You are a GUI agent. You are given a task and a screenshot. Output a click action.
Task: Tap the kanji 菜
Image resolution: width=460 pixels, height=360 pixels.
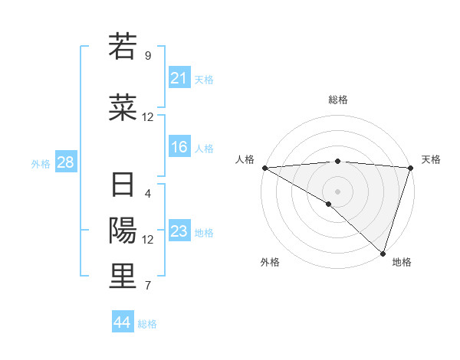click(x=123, y=106)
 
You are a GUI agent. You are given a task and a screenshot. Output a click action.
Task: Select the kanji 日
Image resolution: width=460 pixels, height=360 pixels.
click(x=123, y=185)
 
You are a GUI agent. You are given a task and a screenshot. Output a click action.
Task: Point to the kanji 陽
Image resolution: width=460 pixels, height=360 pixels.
click(x=123, y=230)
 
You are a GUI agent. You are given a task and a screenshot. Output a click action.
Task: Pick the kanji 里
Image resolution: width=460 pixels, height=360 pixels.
click(x=123, y=276)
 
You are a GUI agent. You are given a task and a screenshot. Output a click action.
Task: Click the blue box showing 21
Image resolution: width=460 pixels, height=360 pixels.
click(x=179, y=78)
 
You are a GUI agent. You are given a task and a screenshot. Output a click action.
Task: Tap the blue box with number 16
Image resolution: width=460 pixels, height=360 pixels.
click(x=179, y=147)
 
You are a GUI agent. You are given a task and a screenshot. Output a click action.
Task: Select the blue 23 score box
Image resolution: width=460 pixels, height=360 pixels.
click(x=179, y=231)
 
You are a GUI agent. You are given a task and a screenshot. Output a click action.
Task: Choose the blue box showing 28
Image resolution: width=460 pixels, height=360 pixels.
click(x=64, y=162)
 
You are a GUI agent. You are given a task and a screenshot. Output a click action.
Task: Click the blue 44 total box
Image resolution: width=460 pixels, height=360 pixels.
click(x=123, y=322)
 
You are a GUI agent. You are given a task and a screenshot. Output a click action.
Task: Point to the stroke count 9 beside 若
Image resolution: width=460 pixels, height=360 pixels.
click(x=147, y=55)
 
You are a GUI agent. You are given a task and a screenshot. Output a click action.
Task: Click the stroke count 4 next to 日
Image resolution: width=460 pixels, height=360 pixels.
click(x=147, y=193)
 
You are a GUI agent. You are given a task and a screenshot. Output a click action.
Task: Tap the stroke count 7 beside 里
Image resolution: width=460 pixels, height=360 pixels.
click(x=147, y=286)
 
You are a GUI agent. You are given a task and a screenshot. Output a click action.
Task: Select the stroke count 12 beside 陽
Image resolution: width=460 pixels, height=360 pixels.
click(x=147, y=239)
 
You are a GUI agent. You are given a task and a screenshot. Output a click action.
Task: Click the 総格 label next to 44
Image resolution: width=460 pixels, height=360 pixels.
click(x=147, y=324)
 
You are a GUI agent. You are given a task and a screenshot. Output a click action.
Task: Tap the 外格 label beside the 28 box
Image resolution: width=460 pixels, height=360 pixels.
click(x=41, y=163)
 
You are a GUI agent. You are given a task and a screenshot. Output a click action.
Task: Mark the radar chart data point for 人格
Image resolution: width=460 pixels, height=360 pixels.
click(x=264, y=168)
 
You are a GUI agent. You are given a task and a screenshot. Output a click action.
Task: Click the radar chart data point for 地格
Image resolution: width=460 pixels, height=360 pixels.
click(x=383, y=253)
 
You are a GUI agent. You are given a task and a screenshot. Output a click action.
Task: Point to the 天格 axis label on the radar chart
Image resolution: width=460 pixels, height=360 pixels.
click(x=431, y=159)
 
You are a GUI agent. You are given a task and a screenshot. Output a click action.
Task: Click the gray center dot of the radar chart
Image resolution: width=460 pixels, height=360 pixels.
click(x=337, y=191)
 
